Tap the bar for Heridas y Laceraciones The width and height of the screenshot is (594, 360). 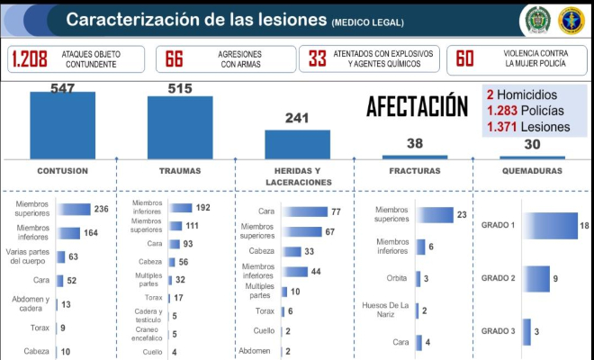pyautogui.click(x=297, y=144)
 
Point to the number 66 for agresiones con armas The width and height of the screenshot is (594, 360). pyautogui.click(x=174, y=59)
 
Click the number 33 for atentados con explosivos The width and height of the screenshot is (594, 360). pyautogui.click(x=317, y=59)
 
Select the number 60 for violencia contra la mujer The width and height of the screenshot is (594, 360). pyautogui.click(x=464, y=59)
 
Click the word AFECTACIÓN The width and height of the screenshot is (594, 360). pyautogui.click(x=417, y=107)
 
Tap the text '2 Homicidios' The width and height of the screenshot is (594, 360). pyautogui.click(x=521, y=94)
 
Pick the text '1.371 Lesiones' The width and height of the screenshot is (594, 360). pyautogui.click(x=528, y=127)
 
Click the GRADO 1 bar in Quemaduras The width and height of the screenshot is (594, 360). pyautogui.click(x=550, y=226)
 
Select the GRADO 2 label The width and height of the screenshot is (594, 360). pyautogui.click(x=498, y=278)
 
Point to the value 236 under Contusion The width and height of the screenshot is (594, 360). pyautogui.click(x=101, y=210)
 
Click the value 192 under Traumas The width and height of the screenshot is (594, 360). pyautogui.click(x=202, y=208)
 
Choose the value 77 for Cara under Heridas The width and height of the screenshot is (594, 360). pyautogui.click(x=336, y=211)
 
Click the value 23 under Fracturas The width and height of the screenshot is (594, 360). pyautogui.click(x=462, y=215)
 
